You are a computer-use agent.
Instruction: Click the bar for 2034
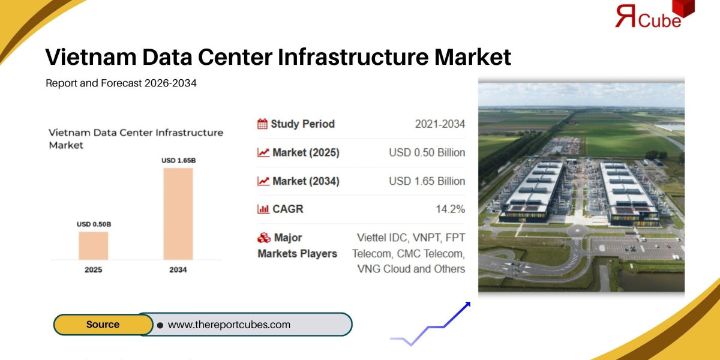pos(178,214)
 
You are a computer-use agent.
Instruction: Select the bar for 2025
pos(94,245)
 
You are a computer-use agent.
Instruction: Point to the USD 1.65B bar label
pos(178,161)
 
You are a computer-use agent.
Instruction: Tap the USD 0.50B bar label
pos(94,224)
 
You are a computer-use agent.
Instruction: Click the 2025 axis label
pos(94,270)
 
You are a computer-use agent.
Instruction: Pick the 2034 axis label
pos(178,270)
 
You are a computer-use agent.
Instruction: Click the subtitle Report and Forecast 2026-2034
pos(121,83)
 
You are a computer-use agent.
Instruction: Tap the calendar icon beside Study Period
pos(263,124)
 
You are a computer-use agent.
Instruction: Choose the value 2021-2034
pos(440,124)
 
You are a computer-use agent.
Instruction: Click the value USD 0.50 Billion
pos(427,153)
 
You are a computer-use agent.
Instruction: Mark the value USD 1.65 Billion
pos(427,181)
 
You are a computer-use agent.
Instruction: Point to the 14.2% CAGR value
pos(450,209)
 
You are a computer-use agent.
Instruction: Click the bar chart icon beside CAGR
pos(263,209)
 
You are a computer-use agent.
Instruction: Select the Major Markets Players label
pos(298,246)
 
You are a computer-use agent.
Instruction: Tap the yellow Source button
pos(103,325)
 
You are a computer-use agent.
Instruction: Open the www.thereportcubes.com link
pos(229,325)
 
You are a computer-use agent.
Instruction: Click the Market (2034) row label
pos(305,181)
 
